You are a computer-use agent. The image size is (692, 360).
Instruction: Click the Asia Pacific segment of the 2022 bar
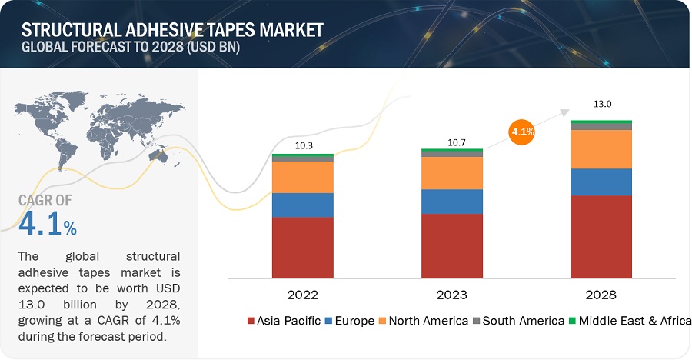[x=302, y=247]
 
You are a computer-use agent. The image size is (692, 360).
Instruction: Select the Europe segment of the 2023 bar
[x=452, y=202]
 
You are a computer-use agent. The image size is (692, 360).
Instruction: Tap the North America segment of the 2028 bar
[x=601, y=149]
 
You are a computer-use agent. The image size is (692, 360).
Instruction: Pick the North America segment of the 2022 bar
[x=302, y=177]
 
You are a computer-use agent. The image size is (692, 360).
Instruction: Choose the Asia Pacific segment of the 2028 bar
[x=601, y=236]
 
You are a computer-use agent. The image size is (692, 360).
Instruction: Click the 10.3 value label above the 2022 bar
[x=302, y=145]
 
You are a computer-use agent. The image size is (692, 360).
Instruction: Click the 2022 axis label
[x=302, y=295]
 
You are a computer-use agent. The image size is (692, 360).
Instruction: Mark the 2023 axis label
[x=452, y=295]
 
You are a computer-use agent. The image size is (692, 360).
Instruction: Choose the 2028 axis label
[x=601, y=295]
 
